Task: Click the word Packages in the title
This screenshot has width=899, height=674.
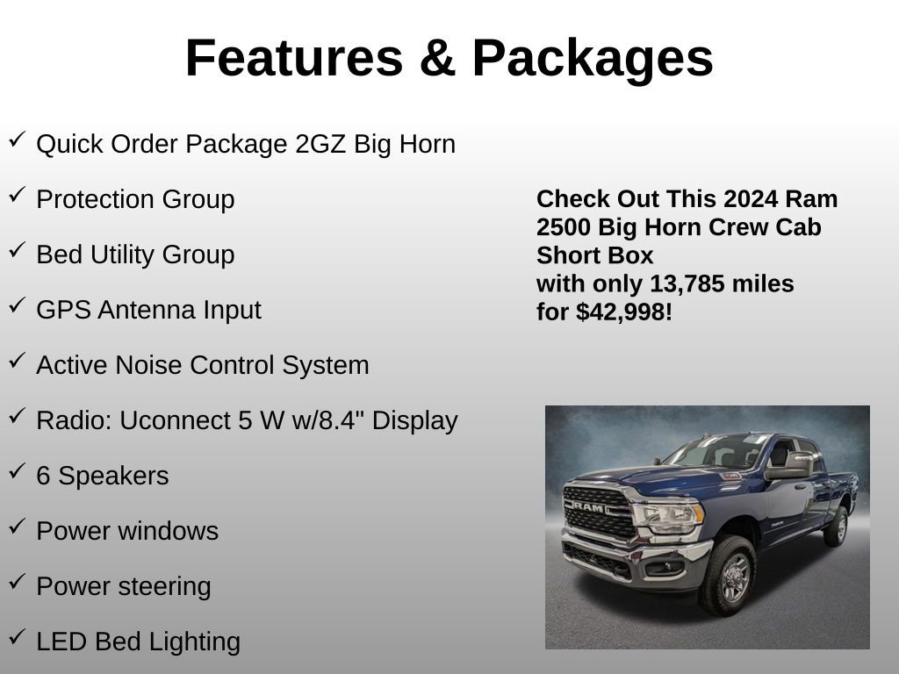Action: tap(593, 59)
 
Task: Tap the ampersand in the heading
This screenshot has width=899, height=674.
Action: tap(436, 59)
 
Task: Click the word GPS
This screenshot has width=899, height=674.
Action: tap(60, 310)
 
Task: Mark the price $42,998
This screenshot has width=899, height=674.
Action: tap(624, 312)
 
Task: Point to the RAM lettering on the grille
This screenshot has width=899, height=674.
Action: tap(590, 506)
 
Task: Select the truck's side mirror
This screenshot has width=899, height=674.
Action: tap(789, 467)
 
